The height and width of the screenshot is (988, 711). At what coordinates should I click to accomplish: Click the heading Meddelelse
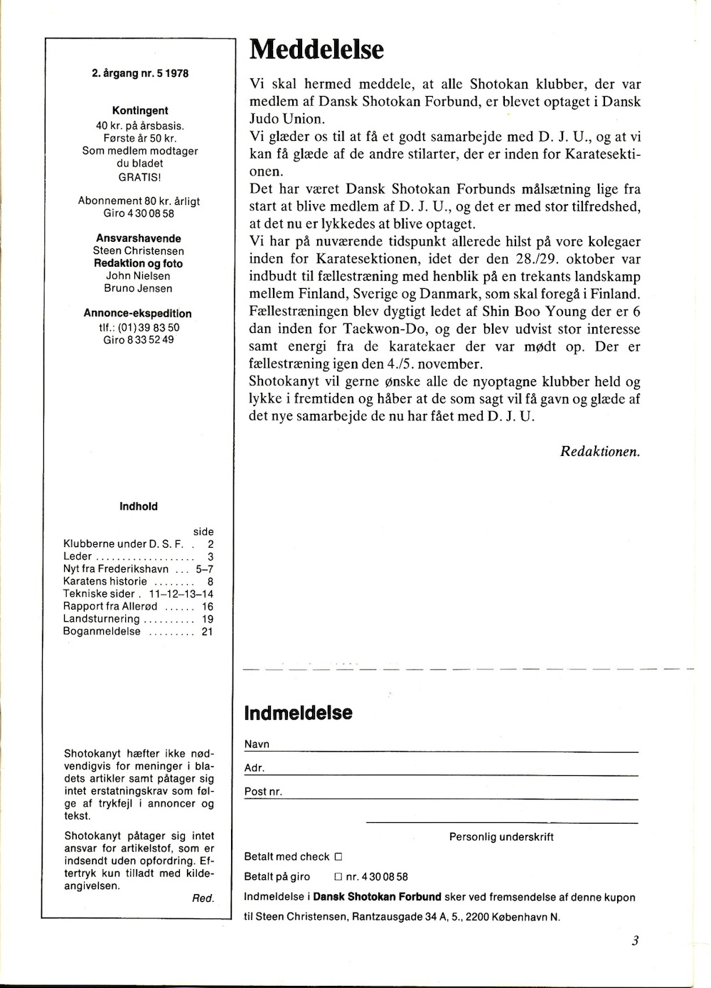click(x=317, y=50)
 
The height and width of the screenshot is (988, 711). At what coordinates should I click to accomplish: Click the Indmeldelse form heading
click(x=298, y=713)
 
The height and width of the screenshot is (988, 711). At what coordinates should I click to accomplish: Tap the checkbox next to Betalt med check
click(x=338, y=857)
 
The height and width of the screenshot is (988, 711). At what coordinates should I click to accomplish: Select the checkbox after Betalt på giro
click(x=338, y=877)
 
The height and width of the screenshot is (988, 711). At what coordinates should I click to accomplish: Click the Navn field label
click(x=257, y=744)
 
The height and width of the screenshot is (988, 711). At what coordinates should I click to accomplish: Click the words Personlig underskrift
click(x=501, y=836)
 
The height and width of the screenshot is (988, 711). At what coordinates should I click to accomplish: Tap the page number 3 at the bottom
click(x=634, y=940)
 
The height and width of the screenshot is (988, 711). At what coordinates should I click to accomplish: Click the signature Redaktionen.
click(x=600, y=450)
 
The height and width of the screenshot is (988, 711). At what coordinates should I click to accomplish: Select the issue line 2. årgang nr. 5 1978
click(x=140, y=73)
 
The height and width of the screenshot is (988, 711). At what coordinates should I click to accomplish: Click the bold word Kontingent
click(x=140, y=111)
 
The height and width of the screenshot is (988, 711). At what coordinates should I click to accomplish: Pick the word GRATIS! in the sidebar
click(x=140, y=176)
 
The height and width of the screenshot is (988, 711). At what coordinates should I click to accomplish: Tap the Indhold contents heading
click(x=139, y=506)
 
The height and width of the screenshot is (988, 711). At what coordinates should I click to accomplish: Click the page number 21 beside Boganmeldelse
click(x=207, y=631)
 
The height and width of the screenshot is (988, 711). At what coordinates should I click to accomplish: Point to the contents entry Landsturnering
click(x=102, y=619)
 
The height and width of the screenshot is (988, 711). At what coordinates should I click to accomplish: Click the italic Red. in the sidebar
click(x=203, y=898)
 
